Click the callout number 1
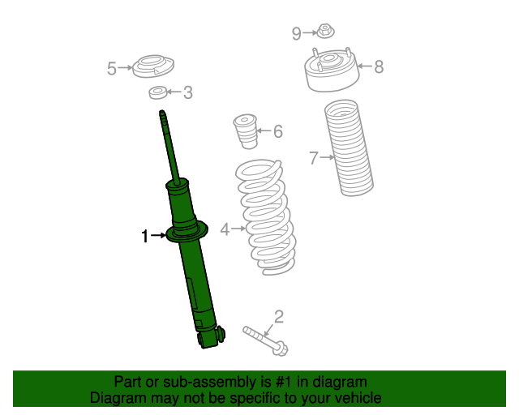coord(145,237)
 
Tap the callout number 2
coord(278,316)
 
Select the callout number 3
coord(187,93)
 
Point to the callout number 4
coord(225,229)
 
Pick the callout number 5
coord(112,69)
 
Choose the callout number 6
coord(277,130)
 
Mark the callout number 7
coord(314,158)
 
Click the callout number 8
coord(378,67)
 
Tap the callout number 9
coord(297,33)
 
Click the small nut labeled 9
coord(325,32)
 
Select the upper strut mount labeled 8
coord(331,73)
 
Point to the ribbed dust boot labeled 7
coord(349,148)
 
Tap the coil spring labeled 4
coord(264,217)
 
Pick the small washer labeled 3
coord(159,93)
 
